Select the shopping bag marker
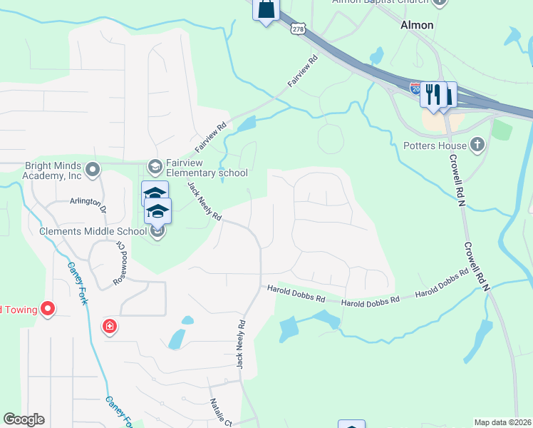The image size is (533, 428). [x=266, y=10]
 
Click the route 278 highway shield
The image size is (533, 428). [x=299, y=29]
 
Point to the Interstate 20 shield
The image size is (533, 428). [x=416, y=87]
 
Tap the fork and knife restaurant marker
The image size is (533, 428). [x=433, y=93]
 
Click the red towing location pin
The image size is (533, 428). [x=48, y=309]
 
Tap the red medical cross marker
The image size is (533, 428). [x=110, y=327]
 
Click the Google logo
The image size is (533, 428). [x=24, y=419]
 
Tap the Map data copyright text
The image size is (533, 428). [x=503, y=422]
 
